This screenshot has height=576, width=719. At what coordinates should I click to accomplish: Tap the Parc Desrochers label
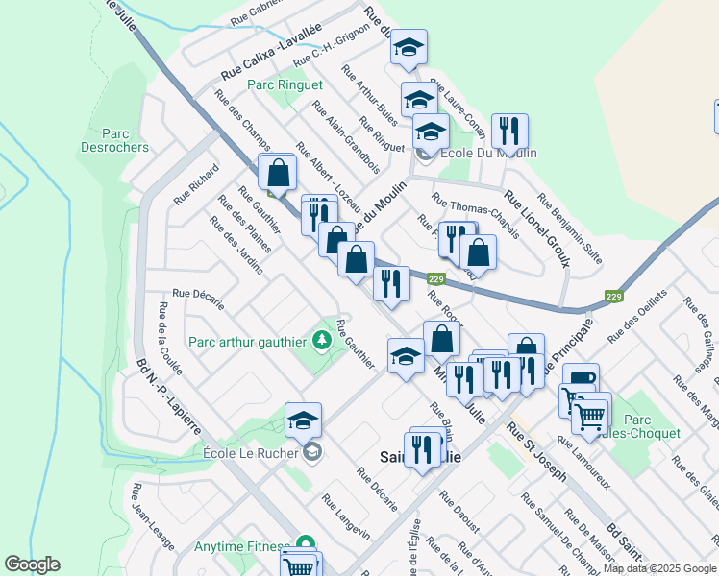pos(125,140)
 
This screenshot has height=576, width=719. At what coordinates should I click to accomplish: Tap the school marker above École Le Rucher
pos(303,420)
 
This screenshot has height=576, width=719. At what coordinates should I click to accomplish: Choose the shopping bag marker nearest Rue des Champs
pos(278,173)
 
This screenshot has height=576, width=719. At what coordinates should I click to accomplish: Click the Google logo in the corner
pos(32,564)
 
